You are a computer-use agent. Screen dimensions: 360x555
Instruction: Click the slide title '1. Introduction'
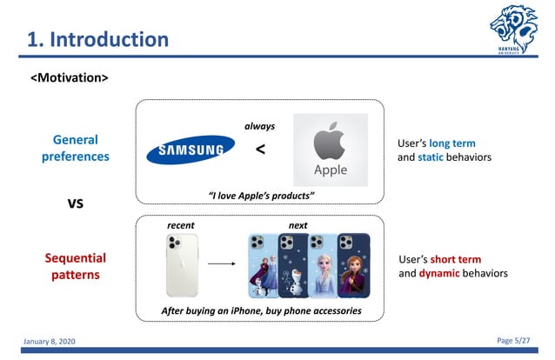97,39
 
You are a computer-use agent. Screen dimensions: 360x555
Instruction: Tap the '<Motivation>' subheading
70,78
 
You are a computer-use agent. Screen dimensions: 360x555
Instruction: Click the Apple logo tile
330,150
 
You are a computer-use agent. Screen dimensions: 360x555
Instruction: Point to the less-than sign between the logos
261,150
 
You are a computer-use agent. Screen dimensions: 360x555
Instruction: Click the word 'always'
260,126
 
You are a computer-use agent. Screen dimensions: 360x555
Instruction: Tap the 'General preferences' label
76,148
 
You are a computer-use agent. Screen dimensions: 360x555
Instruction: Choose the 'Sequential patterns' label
76,266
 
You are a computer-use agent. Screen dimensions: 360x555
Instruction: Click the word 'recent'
180,225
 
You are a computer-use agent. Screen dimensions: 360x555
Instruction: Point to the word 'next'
298,225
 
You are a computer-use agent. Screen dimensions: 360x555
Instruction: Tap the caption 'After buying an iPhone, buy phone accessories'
261,310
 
